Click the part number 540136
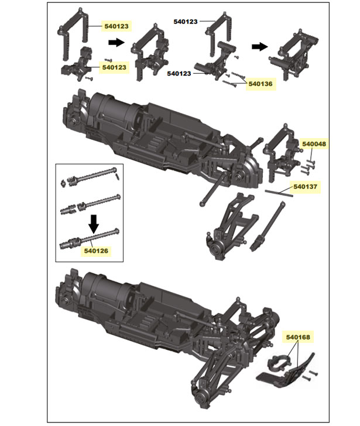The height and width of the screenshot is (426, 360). [x=260, y=84]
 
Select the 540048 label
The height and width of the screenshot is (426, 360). [x=314, y=143]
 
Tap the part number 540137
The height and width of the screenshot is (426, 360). [x=305, y=187]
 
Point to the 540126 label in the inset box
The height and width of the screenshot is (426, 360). [x=95, y=251]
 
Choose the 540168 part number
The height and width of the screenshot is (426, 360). [x=298, y=337]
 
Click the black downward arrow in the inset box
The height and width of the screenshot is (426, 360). [x=92, y=223]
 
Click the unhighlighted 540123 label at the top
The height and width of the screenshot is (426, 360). [x=186, y=20]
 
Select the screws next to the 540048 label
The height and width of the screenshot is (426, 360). [x=307, y=164]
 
